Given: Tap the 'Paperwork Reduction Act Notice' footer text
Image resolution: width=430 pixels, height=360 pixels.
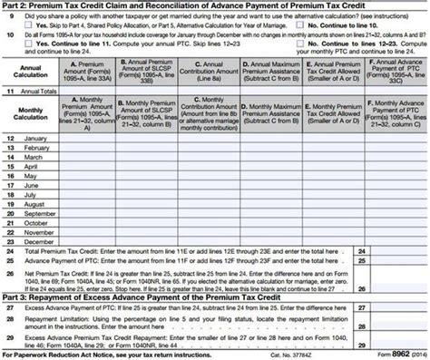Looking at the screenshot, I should (x=82, y=353).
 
